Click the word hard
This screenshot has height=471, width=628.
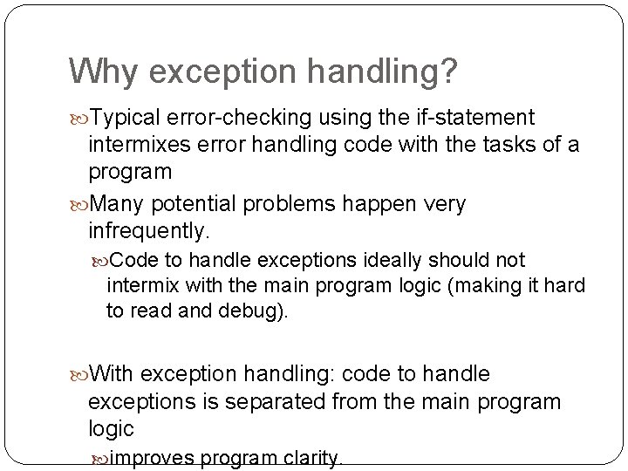(564, 286)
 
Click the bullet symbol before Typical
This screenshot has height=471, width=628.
(77, 119)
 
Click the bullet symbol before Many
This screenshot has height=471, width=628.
(77, 205)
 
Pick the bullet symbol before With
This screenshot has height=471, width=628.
(77, 375)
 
